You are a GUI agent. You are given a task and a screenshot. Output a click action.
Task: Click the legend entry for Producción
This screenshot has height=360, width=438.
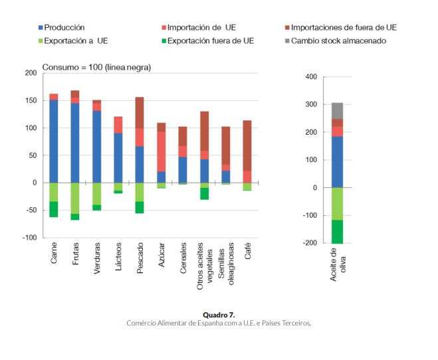[63, 28]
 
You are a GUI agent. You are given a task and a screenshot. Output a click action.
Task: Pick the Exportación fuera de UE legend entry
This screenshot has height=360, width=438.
[211, 41]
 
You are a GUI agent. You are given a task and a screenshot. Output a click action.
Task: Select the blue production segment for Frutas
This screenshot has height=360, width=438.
[75, 142]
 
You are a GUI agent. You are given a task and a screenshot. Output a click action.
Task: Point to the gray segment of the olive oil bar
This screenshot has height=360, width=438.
[337, 111]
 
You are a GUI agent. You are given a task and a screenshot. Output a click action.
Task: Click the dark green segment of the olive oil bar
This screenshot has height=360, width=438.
[337, 231]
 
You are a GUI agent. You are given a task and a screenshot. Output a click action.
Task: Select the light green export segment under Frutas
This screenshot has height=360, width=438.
[75, 198]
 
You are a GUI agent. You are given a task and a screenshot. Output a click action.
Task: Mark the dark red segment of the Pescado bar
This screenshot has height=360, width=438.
[140, 112]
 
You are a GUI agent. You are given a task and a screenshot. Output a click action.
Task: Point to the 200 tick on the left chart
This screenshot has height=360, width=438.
[31, 72]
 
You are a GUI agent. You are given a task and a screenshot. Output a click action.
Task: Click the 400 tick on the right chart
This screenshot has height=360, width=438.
[311, 77]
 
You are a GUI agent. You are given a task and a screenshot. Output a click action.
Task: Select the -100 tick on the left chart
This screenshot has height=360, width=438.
[29, 237]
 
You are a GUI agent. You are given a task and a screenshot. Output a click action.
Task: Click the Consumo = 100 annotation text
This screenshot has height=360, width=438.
[96, 67]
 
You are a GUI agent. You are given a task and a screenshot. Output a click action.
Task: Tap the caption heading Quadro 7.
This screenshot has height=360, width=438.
[219, 314]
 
